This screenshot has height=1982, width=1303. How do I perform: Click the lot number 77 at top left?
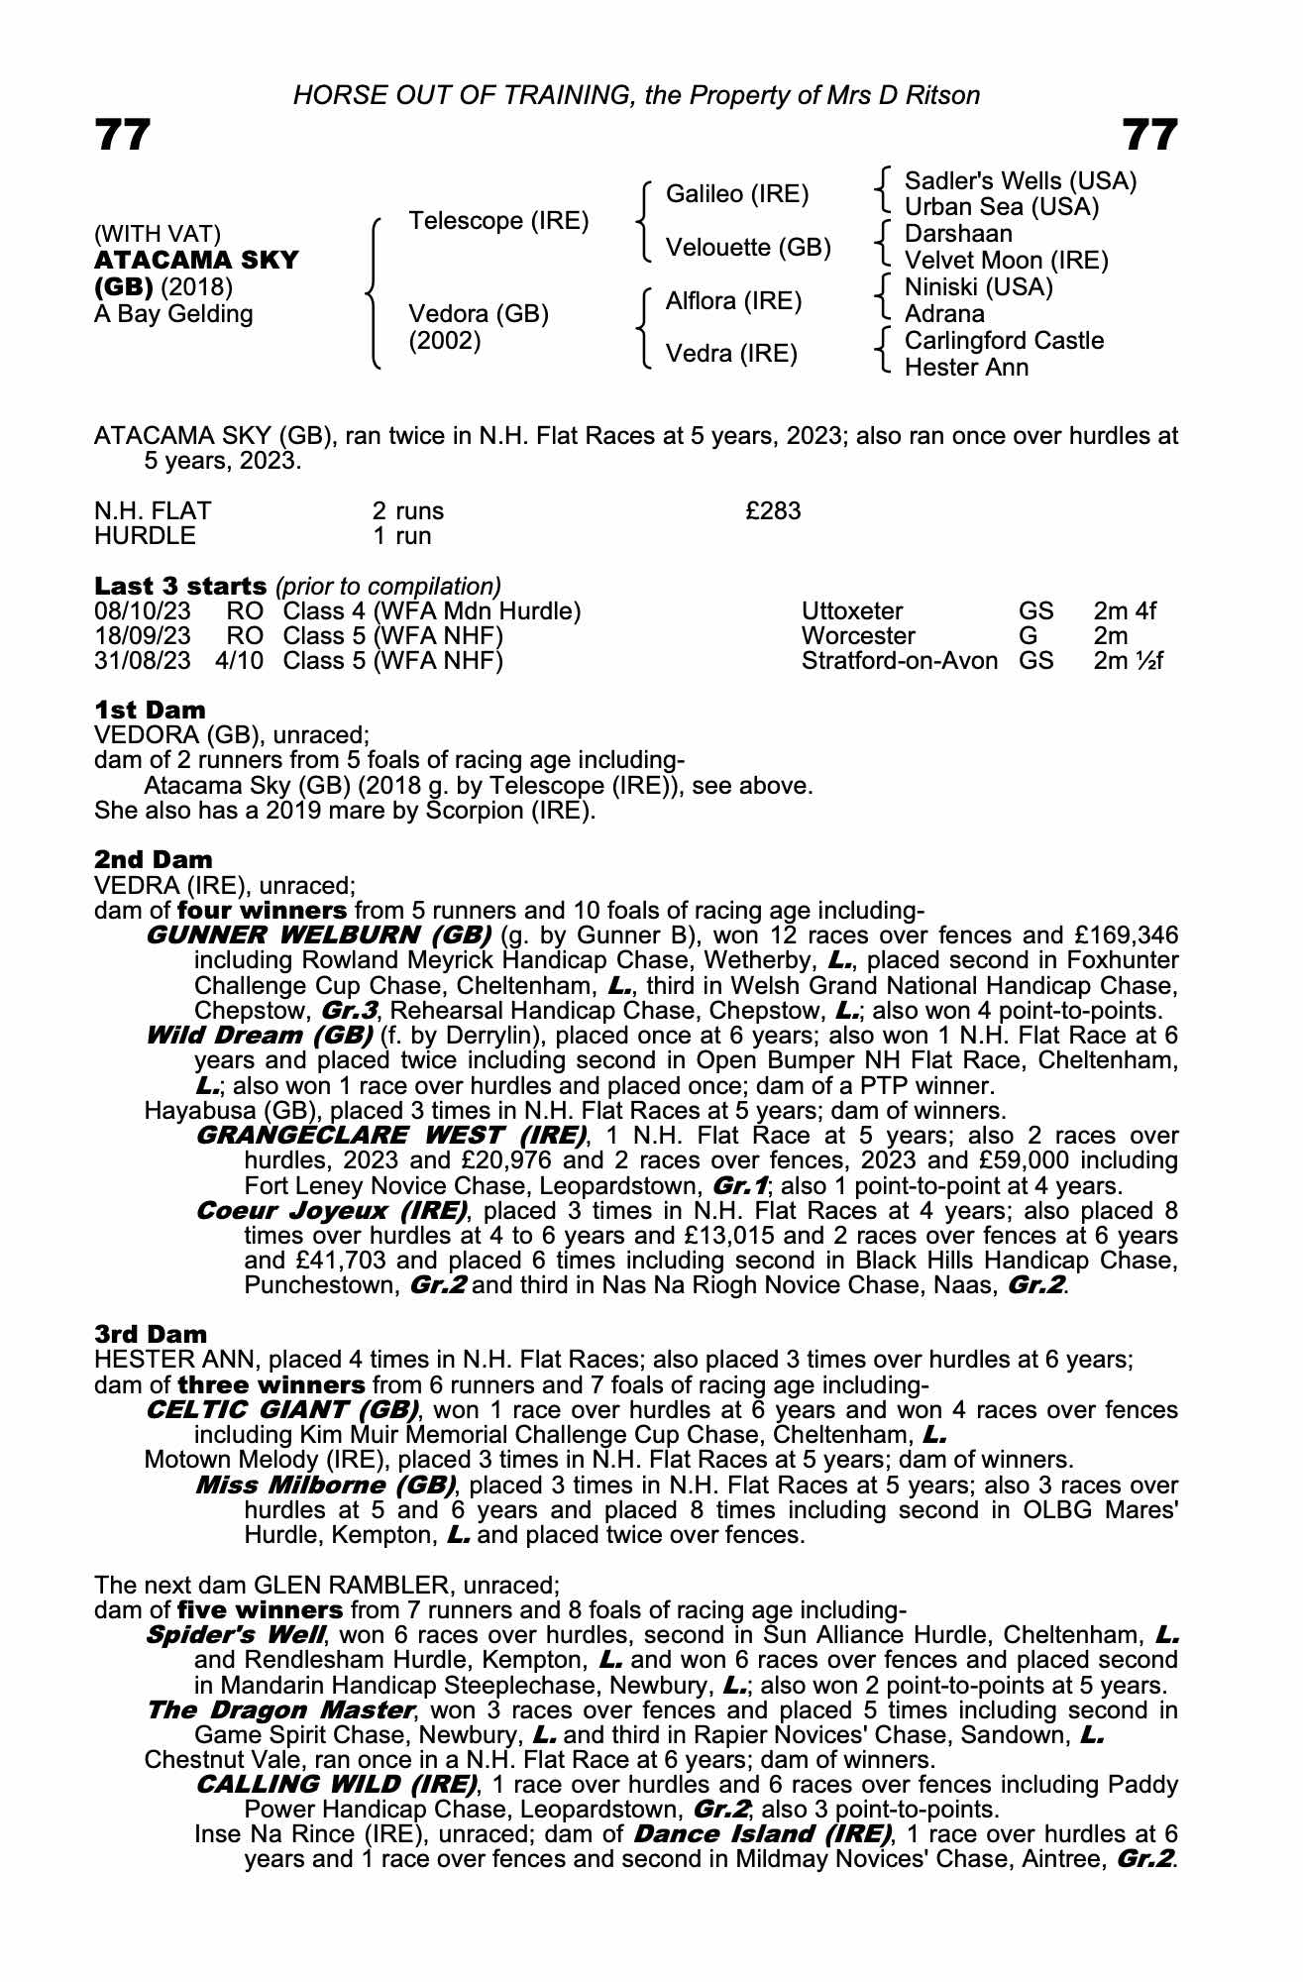[x=123, y=135]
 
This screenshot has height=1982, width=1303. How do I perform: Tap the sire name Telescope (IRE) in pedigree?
[x=498, y=221]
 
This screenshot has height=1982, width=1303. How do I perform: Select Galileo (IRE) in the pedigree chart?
[x=736, y=194]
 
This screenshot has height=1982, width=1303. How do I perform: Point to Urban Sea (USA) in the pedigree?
[x=1002, y=208]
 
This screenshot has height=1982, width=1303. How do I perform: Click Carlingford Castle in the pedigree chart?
[x=1004, y=341]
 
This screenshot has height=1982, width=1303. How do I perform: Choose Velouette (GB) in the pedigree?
[x=747, y=248]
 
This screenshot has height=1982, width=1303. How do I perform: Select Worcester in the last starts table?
[x=857, y=636]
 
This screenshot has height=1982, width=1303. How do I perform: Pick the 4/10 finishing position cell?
[x=240, y=661]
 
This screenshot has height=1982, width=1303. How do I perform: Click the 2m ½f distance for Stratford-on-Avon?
[x=1127, y=661]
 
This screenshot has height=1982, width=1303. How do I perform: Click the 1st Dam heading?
[x=150, y=711]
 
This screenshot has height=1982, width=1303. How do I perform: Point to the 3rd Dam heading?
[x=151, y=1334]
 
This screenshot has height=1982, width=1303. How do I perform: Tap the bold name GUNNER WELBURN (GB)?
[x=318, y=936]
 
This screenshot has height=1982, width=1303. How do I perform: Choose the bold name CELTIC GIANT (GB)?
[x=281, y=1410]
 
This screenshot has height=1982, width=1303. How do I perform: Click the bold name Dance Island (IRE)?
[x=761, y=1834]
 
